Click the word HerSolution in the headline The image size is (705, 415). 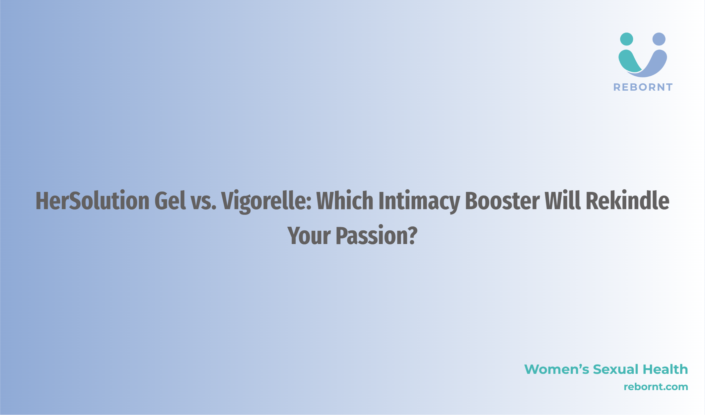click(93, 201)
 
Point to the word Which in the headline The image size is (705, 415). click(345, 201)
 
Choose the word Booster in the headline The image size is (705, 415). click(502, 201)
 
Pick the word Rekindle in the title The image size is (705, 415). click(627, 201)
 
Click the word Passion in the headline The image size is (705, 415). click(372, 235)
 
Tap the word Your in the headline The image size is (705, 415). click(309, 235)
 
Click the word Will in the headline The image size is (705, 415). click(563, 201)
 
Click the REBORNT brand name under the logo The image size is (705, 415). click(643, 87)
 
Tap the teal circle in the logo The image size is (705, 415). click(627, 39)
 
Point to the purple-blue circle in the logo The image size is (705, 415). click(659, 39)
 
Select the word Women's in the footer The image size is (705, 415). click(557, 369)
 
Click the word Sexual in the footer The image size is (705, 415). click(616, 369)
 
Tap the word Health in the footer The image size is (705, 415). click(665, 369)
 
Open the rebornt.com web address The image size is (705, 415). click(656, 387)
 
